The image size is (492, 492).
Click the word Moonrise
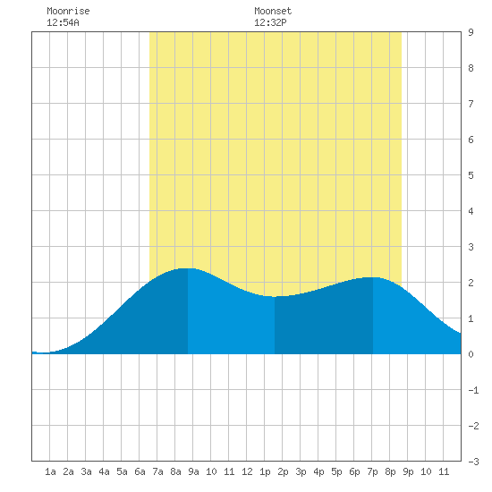68,11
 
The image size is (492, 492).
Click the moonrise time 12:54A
63,22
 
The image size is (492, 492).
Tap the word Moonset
273,11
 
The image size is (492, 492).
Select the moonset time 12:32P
270,22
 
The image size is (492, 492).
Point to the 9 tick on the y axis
471,32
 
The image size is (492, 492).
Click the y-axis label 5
471,175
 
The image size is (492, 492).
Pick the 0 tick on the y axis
471,354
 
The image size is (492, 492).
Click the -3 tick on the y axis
473,462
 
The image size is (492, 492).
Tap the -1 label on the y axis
473,390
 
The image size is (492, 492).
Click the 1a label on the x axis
50,471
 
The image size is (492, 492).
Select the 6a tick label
140,471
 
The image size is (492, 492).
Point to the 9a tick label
193,471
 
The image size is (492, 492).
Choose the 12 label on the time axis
247,471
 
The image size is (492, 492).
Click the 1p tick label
265,471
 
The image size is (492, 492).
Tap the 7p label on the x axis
372,471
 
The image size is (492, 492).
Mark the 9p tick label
408,471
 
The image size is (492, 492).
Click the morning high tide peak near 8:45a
188,268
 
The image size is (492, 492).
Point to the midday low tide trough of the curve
275,296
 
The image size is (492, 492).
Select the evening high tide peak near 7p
373,277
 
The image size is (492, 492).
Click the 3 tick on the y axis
471,247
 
